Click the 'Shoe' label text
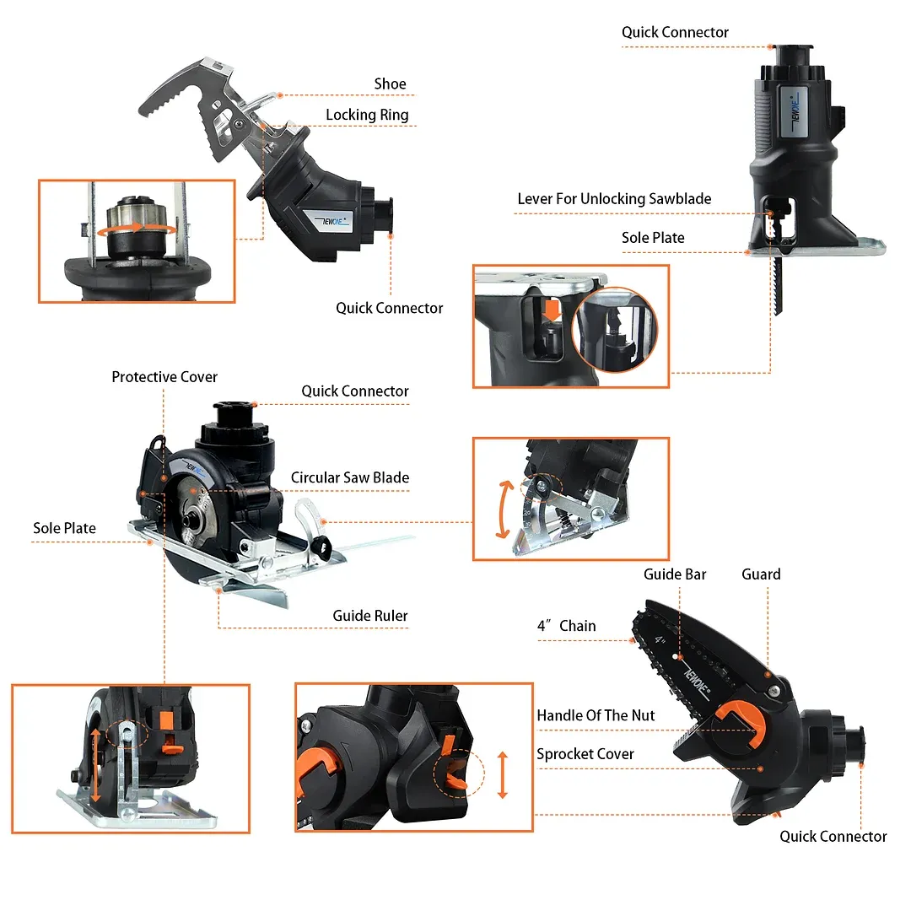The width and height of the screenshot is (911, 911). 390,84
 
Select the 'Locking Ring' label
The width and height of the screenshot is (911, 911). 367,115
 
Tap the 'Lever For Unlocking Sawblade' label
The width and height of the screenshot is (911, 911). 614,199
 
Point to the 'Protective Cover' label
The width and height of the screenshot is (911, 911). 164,377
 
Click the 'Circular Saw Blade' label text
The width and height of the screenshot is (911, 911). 349,477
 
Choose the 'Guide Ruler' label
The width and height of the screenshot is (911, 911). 369,616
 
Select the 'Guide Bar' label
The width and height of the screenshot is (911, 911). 675,574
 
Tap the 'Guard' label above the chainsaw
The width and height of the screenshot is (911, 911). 761,574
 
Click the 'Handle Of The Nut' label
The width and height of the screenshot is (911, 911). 596,715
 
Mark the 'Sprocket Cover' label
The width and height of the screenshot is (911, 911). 585,754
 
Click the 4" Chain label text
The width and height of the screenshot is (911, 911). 566,626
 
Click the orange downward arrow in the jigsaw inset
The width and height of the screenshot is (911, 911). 553,310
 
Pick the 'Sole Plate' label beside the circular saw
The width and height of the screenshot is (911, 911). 65,529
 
